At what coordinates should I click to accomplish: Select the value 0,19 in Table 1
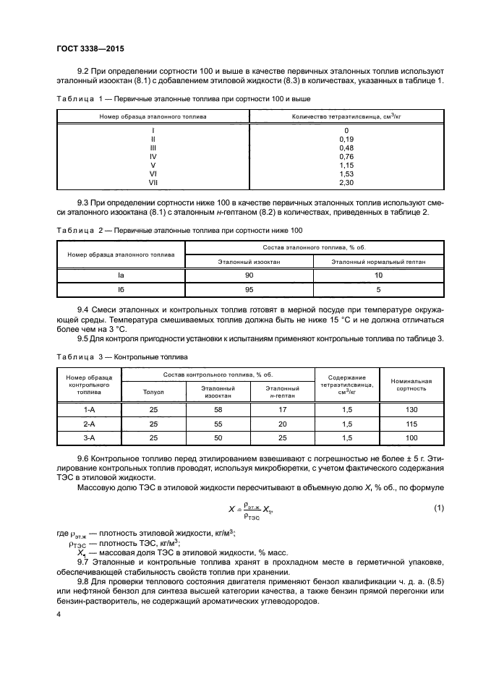tap(346, 138)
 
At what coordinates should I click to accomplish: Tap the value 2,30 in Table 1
tap(346, 182)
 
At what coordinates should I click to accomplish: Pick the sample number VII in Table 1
tap(153, 182)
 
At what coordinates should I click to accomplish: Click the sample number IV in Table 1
tap(153, 155)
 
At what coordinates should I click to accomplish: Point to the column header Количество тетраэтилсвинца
tap(345, 116)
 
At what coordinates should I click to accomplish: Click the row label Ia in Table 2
tap(121, 275)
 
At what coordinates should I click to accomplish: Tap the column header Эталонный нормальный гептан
tap(378, 261)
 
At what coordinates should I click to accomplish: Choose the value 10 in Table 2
tap(378, 275)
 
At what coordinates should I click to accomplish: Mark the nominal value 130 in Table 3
tap(411, 408)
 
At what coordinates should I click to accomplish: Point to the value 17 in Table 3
tap(282, 408)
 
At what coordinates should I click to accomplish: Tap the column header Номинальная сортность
tap(411, 384)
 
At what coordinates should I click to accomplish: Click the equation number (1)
tap(438, 508)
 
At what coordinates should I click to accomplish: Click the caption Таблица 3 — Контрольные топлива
tap(121, 356)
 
